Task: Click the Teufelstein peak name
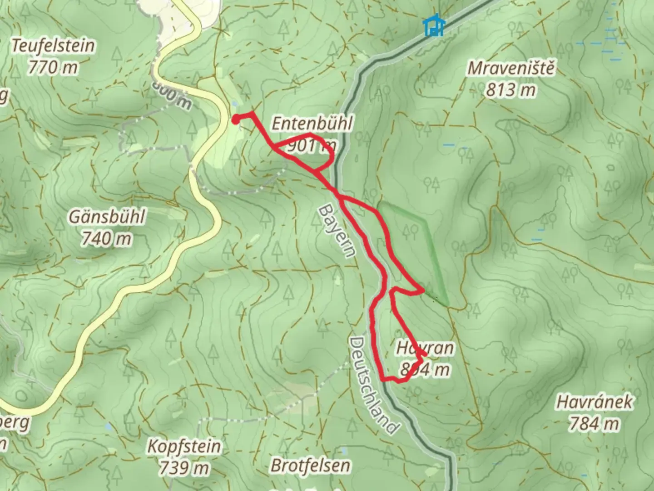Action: (x=54, y=46)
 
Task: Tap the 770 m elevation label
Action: (x=53, y=68)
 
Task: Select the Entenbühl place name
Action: (x=312, y=124)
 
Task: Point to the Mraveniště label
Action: (x=511, y=68)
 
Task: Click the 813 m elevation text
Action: (x=511, y=90)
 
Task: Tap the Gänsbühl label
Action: (x=107, y=216)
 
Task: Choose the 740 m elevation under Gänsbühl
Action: (x=107, y=238)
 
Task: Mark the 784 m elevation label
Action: (x=594, y=424)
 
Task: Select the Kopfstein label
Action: (x=184, y=446)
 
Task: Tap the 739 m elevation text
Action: (x=184, y=467)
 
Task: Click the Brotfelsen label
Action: (x=311, y=466)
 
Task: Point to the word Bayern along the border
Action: (x=335, y=231)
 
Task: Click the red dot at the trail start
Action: (x=236, y=120)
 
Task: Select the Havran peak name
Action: (x=425, y=348)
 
